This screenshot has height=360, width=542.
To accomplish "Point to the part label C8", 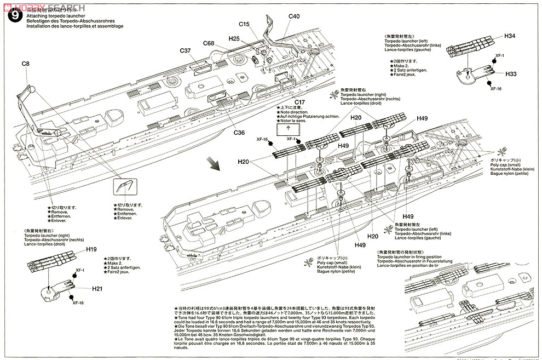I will tap(26, 64).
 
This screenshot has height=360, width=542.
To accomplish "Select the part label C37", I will tap(185, 51).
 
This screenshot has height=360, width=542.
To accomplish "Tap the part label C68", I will tap(208, 43).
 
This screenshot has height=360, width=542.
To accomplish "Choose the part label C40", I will tap(293, 16).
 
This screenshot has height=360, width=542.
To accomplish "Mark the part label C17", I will tap(299, 102).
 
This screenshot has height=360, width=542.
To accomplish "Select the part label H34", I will tap(510, 36).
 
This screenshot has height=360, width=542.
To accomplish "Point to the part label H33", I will tap(511, 73).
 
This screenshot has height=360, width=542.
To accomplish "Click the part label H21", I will tap(97, 288).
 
